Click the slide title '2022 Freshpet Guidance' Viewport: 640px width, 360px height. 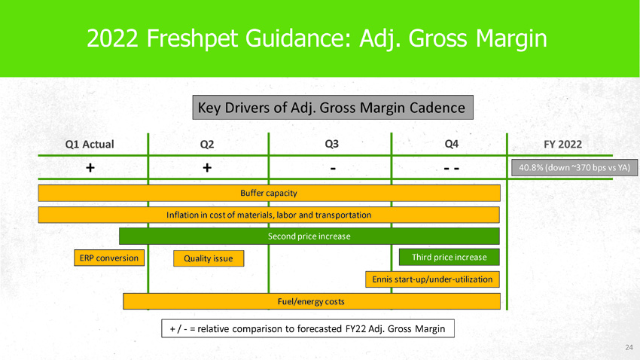click(317, 38)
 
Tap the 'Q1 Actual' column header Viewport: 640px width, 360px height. click(90, 144)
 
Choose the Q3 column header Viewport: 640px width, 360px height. click(331, 143)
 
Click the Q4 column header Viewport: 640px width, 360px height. click(452, 143)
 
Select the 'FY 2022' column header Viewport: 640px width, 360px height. click(556, 144)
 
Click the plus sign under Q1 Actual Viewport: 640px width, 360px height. click(90, 167)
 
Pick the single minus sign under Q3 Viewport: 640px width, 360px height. click(331, 167)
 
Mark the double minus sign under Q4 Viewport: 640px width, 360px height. click(452, 168)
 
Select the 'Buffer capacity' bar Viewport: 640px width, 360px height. click(269, 193)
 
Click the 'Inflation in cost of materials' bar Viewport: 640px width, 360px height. click(269, 215)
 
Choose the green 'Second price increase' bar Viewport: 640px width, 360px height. click(309, 236)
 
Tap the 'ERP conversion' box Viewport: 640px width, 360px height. click(108, 258)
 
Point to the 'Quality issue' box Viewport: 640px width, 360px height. click(209, 258)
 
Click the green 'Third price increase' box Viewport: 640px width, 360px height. click(449, 258)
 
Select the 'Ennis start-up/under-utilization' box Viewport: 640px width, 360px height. click(433, 279)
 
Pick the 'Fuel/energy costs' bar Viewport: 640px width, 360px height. click(311, 301)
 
